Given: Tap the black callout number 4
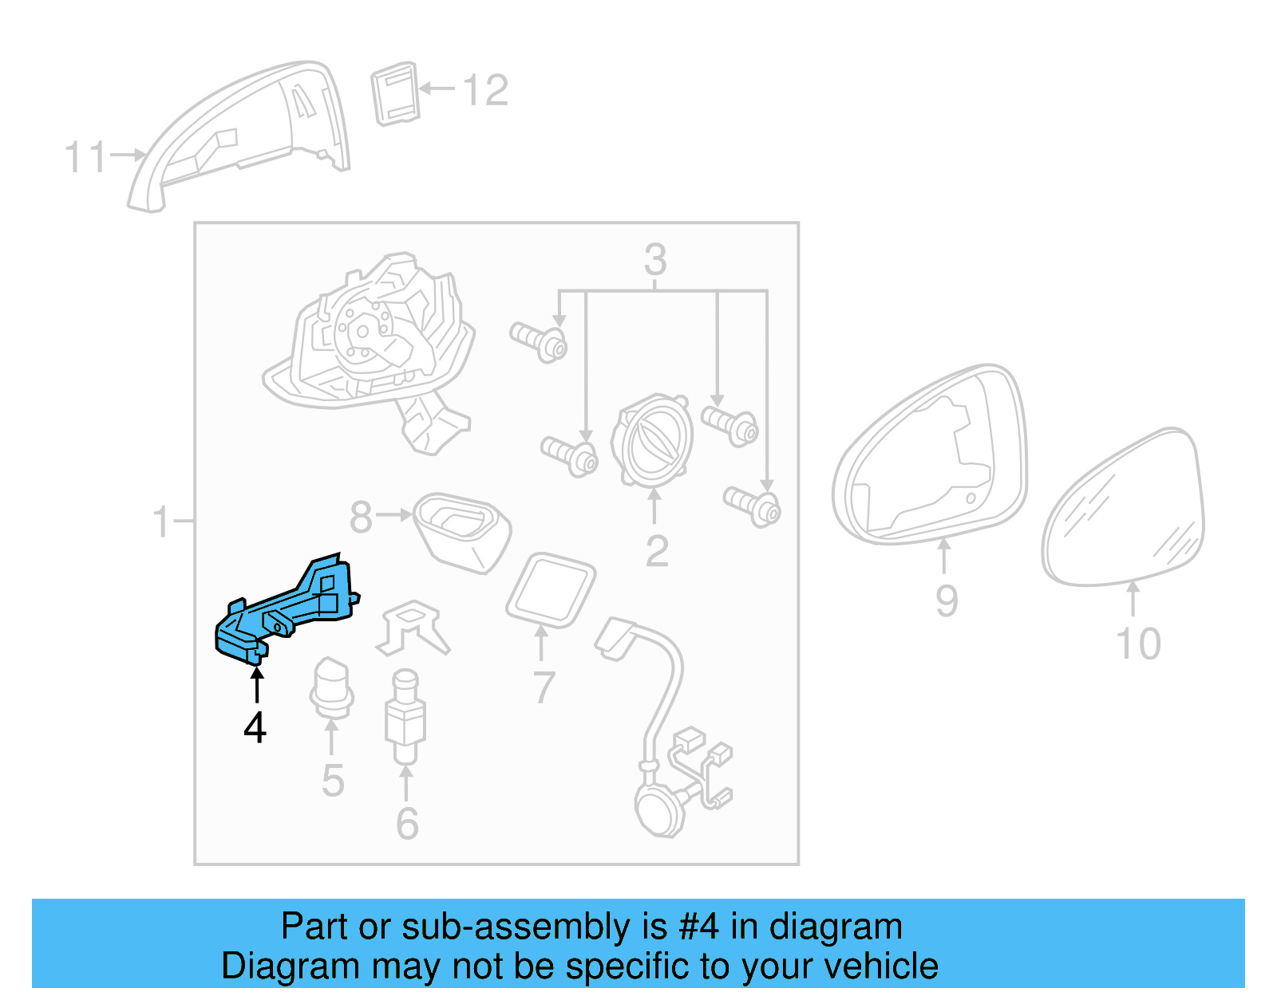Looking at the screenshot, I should pyautogui.click(x=255, y=727).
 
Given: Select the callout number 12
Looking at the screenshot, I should pyautogui.click(x=485, y=90).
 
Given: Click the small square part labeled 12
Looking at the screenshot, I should pyautogui.click(x=396, y=93).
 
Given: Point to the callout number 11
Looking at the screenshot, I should pyautogui.click(x=85, y=157).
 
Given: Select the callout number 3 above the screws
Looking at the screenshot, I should pyautogui.click(x=655, y=259).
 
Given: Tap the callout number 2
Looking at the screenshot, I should pyautogui.click(x=657, y=551).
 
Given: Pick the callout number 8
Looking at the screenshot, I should pyautogui.click(x=361, y=517).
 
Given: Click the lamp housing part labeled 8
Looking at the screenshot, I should pyautogui.click(x=462, y=531).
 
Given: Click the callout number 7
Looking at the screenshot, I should pyautogui.click(x=543, y=687).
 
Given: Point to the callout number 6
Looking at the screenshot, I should pyautogui.click(x=407, y=823).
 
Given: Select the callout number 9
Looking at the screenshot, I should pyautogui.click(x=947, y=600).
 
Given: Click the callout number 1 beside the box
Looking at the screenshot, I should pyautogui.click(x=162, y=522).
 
